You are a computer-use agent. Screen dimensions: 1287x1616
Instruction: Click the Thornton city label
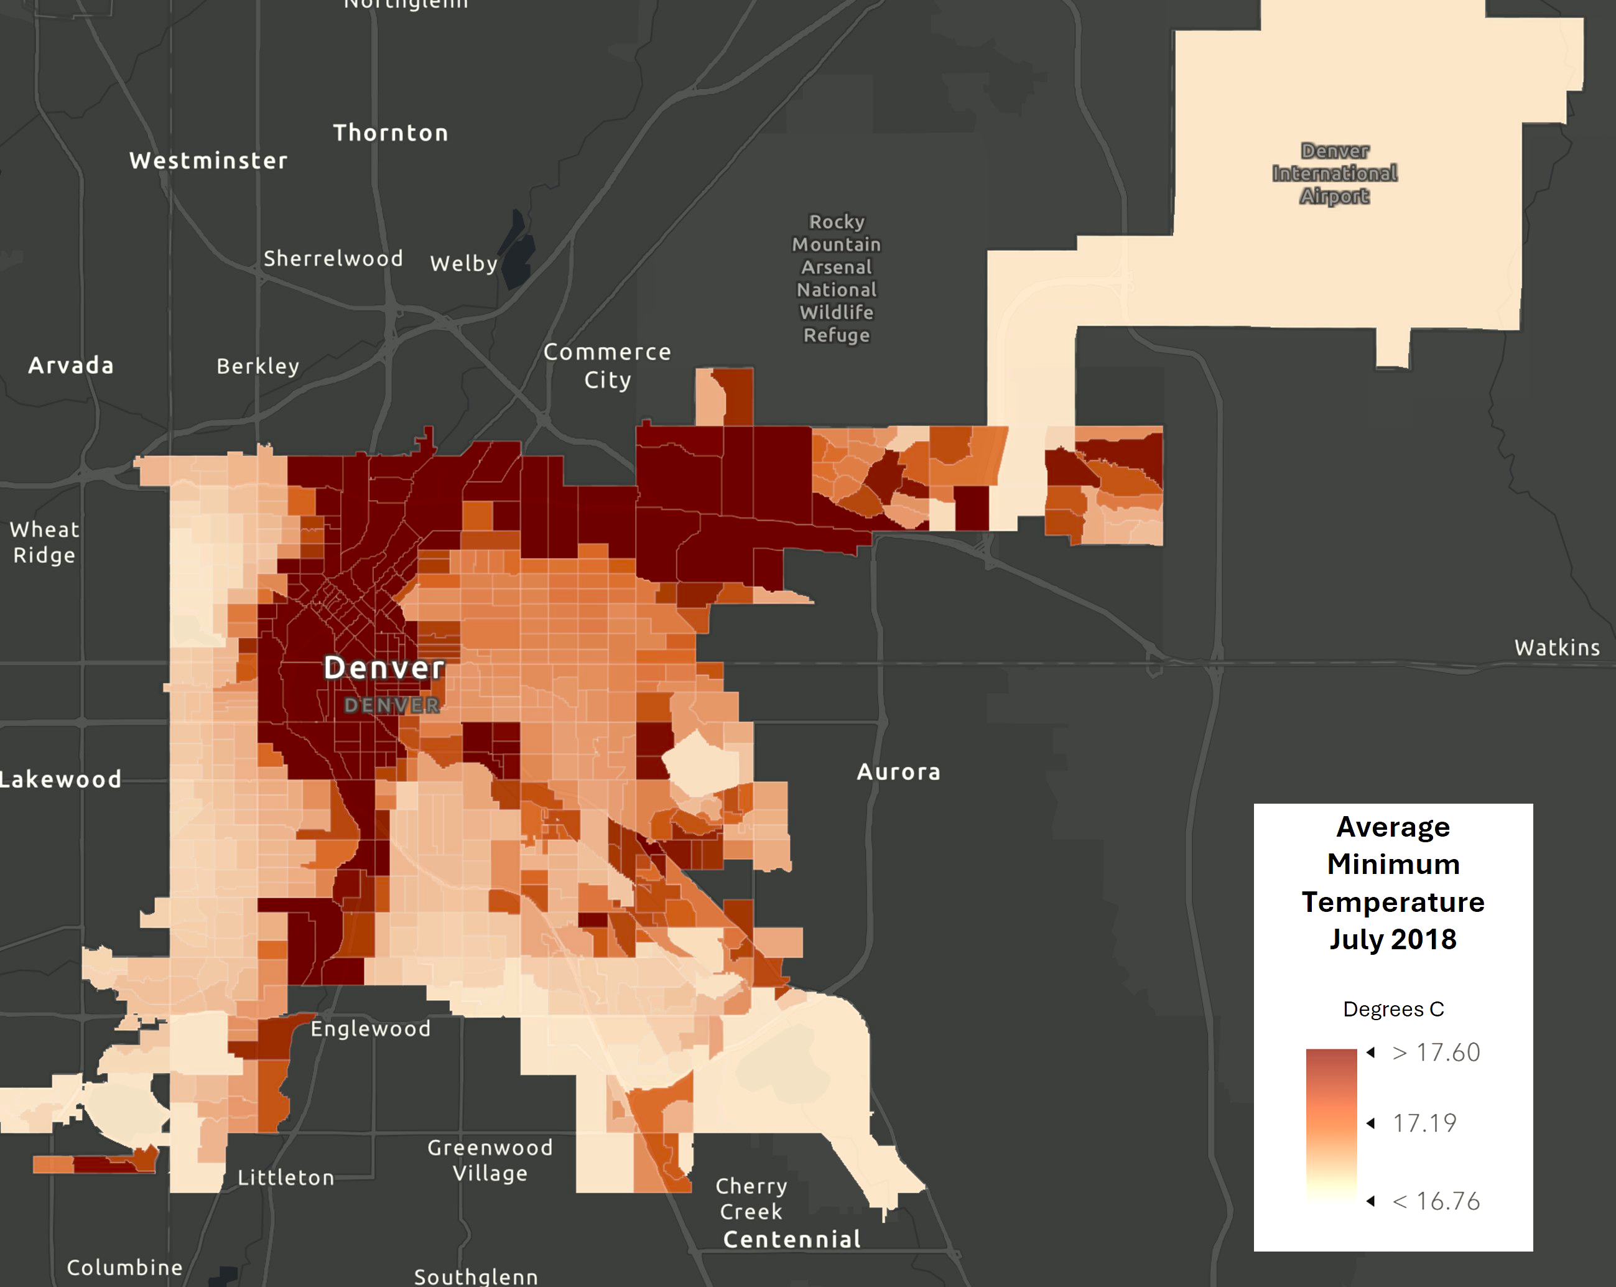391,132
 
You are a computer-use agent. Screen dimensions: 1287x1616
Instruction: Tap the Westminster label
208,160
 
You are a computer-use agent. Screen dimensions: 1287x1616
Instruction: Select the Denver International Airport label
1334,173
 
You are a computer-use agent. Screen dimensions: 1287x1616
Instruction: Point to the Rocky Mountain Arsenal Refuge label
837,278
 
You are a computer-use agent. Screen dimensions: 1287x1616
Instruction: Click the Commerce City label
607,365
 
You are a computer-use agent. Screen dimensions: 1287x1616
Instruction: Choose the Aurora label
898,771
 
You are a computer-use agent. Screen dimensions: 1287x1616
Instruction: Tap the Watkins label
1557,648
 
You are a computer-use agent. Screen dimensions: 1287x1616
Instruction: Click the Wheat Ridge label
44,542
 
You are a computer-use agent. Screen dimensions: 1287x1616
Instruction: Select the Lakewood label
60,779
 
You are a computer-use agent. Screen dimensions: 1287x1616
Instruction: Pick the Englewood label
370,1028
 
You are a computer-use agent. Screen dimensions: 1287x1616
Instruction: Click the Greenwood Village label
490,1159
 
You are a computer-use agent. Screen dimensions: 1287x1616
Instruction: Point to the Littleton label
286,1177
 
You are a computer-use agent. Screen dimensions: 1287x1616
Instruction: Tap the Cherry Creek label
751,1198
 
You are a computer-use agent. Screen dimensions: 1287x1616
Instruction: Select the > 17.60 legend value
1436,1052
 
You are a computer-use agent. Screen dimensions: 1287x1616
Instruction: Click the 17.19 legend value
1424,1123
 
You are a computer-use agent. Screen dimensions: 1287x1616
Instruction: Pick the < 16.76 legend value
1436,1201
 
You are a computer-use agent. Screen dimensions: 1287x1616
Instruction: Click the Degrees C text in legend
1393,1009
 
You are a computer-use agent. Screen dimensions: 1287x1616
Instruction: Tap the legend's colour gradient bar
1331,1125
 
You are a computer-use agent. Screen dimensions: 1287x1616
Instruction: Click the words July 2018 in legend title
1393,939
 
